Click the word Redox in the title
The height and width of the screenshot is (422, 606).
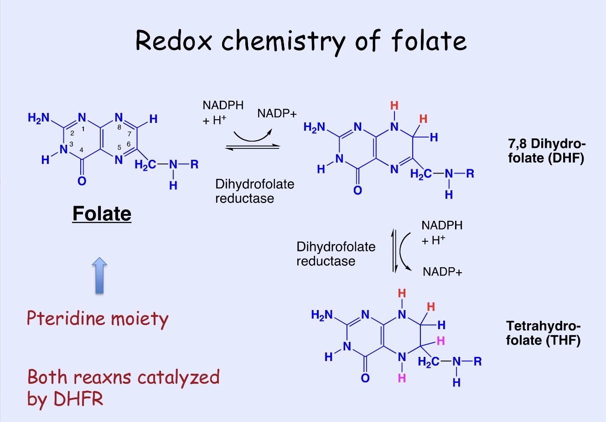174,41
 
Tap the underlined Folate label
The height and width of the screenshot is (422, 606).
102,214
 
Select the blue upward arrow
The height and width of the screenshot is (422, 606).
99,276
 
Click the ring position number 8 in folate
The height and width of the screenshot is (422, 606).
119,127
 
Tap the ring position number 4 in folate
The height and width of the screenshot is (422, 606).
81,150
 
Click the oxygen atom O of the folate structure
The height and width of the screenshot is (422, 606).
82,181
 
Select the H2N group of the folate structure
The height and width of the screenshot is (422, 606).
38,118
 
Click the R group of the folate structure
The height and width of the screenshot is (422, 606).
194,164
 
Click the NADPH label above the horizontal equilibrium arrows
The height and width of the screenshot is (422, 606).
223,105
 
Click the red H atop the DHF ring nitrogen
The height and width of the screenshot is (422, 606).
394,106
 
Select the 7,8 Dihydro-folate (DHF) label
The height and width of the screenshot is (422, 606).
546,151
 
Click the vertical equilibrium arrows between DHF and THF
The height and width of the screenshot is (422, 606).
395,251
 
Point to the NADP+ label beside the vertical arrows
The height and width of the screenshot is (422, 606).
442,272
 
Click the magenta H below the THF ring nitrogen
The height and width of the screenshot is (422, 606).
402,378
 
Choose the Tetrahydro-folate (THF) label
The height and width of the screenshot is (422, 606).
543,333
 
